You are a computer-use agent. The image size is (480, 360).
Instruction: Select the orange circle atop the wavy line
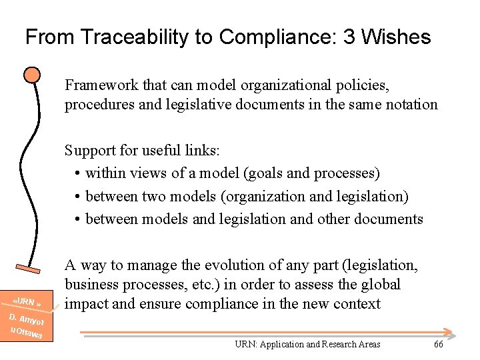pyautogui.click(x=31, y=75)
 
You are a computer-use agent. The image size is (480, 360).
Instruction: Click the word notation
pyautogui.click(x=412, y=104)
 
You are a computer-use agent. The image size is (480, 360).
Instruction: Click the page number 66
pyautogui.click(x=438, y=344)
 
